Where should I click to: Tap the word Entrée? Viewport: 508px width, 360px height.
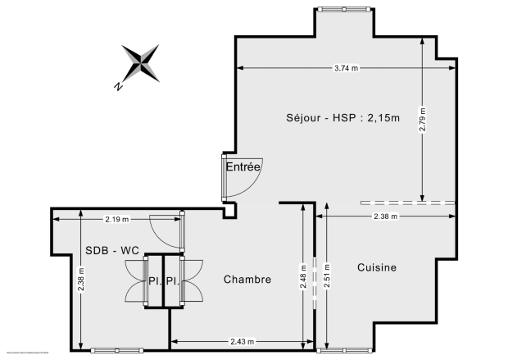[243, 166]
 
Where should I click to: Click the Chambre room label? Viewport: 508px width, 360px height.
[247, 280]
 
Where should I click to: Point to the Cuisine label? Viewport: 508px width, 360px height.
[377, 267]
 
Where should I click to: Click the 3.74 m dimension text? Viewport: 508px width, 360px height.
[347, 69]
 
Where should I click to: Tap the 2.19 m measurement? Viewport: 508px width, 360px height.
[117, 219]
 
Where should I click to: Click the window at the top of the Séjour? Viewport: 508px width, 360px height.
[343, 9]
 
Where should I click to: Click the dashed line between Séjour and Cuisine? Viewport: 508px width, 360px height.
[407, 203]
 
